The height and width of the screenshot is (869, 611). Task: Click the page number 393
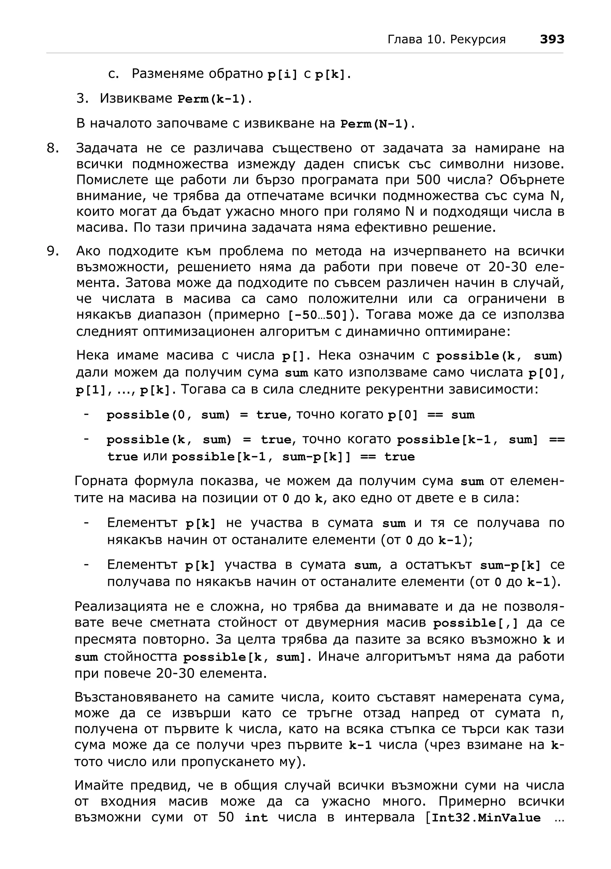point(552,39)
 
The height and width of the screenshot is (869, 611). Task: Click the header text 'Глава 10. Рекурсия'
point(446,40)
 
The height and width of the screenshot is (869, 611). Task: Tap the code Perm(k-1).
point(214,99)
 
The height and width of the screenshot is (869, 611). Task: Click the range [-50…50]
point(318,315)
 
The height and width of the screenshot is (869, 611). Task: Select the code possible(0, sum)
point(168,415)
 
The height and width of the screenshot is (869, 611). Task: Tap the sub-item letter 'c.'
point(114,74)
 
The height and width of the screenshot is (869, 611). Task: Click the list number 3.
point(82,99)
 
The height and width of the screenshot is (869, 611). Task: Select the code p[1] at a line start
point(91,390)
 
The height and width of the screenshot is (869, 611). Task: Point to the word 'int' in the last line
point(256,818)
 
